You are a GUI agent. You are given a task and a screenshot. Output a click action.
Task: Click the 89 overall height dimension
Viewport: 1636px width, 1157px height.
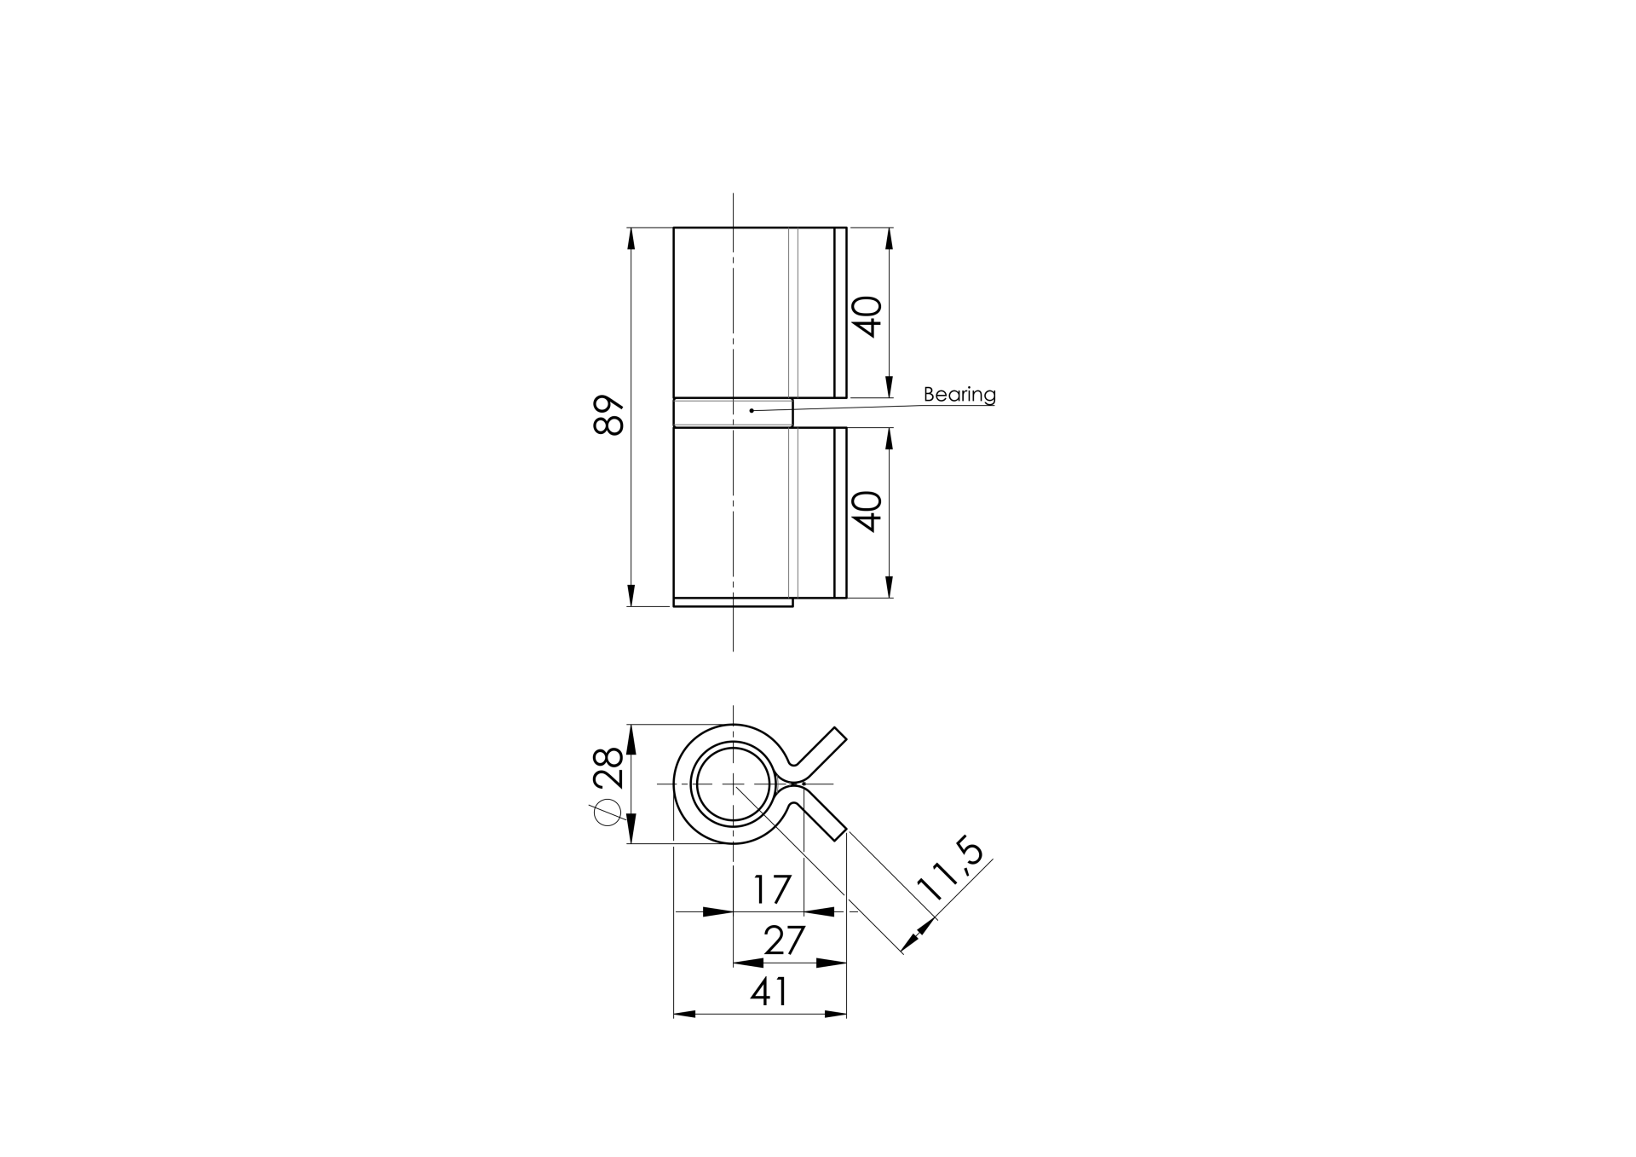point(609,415)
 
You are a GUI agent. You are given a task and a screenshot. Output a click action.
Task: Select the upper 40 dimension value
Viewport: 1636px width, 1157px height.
point(867,316)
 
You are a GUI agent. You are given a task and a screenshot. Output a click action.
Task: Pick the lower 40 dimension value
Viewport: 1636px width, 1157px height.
point(867,512)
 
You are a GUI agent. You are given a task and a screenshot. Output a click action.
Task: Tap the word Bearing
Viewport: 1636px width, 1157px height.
point(959,395)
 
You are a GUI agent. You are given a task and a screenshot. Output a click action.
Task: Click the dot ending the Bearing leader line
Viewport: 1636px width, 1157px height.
point(752,411)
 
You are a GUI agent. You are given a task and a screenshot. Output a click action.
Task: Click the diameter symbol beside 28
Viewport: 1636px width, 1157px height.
point(608,814)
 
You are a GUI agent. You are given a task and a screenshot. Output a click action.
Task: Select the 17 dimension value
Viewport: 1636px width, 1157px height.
point(772,890)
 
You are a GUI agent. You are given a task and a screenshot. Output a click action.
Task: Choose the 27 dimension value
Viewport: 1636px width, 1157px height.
point(784,941)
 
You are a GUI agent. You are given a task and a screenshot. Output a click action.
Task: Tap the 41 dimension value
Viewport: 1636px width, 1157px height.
point(769,992)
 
